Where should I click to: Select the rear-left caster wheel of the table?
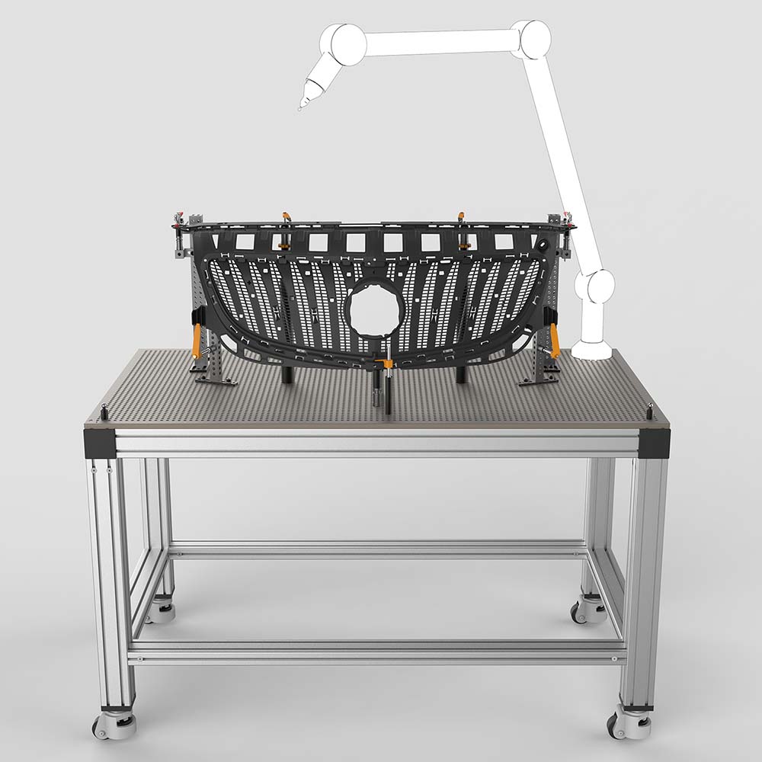pyautogui.click(x=160, y=610)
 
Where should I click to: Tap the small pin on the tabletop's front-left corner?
pyautogui.click(x=101, y=412)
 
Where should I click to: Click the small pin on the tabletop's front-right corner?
pyautogui.click(x=650, y=410)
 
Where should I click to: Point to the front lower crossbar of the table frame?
pyautogui.click(x=377, y=652)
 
